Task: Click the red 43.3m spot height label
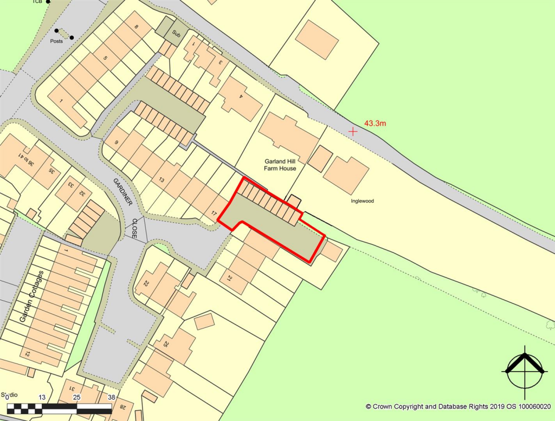coord(375,124)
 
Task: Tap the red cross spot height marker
coord(353,131)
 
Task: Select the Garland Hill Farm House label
coord(280,165)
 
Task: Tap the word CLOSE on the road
coord(134,228)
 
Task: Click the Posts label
coord(56,40)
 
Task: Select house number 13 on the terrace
coord(161,179)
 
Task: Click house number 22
coord(146,283)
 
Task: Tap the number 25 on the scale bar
coord(76,397)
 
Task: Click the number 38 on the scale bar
coord(111,397)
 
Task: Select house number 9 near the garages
coord(117,143)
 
